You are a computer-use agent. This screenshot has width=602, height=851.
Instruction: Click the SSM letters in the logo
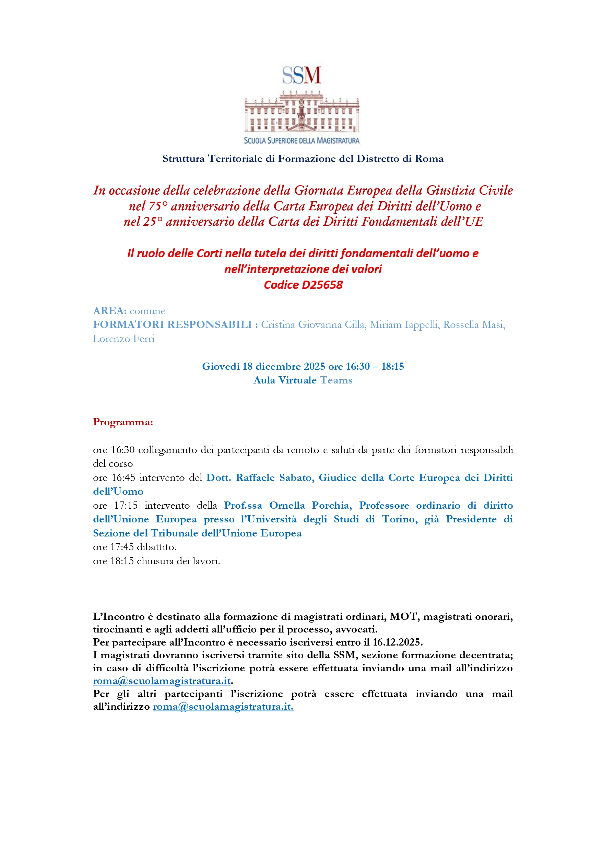coord(302,75)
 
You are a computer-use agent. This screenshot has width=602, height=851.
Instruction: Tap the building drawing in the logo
coord(302,112)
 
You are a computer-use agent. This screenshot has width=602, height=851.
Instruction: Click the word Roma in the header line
coord(429,159)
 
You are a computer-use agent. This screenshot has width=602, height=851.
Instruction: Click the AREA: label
coord(110,311)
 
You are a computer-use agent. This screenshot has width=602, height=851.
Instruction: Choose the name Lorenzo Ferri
coord(123,339)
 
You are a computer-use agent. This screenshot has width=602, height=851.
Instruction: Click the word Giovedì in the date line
coord(221,367)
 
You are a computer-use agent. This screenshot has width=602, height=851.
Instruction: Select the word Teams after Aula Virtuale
coord(336,380)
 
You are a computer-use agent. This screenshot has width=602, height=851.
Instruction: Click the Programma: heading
coord(123,422)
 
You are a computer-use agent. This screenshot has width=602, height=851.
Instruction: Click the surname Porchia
coord(332,506)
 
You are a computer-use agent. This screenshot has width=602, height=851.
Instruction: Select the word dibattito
coord(156,547)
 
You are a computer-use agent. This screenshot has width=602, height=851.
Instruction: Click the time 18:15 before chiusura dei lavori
coord(122,561)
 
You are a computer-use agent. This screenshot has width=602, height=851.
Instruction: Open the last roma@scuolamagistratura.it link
coord(223,707)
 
